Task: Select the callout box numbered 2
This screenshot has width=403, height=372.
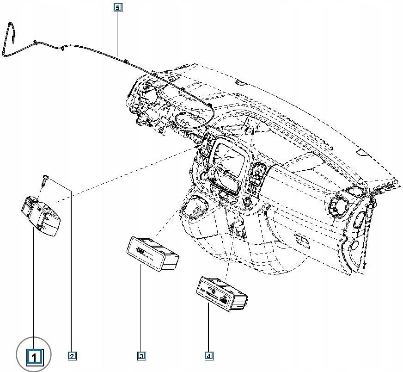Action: coord(72,356)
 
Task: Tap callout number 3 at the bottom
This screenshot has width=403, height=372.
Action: coord(141,356)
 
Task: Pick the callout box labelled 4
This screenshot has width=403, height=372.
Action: coord(209,356)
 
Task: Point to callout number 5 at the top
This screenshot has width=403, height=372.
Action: coord(118,8)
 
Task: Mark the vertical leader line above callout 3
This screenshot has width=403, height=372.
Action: coord(141,310)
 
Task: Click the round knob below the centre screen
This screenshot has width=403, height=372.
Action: coord(248,201)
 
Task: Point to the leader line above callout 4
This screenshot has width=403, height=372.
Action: coord(209,329)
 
